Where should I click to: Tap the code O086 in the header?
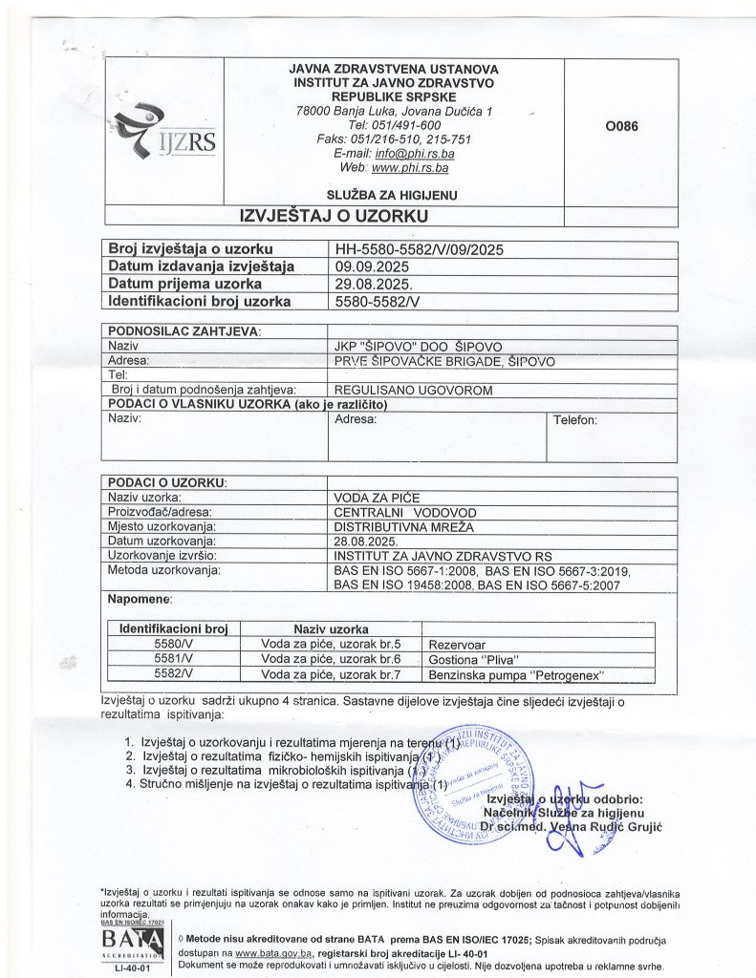(x=621, y=126)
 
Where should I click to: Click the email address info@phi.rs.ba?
(x=416, y=154)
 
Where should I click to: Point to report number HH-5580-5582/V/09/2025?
(x=419, y=250)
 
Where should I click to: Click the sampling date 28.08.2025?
(x=368, y=542)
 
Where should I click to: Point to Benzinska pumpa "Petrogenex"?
(x=517, y=674)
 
